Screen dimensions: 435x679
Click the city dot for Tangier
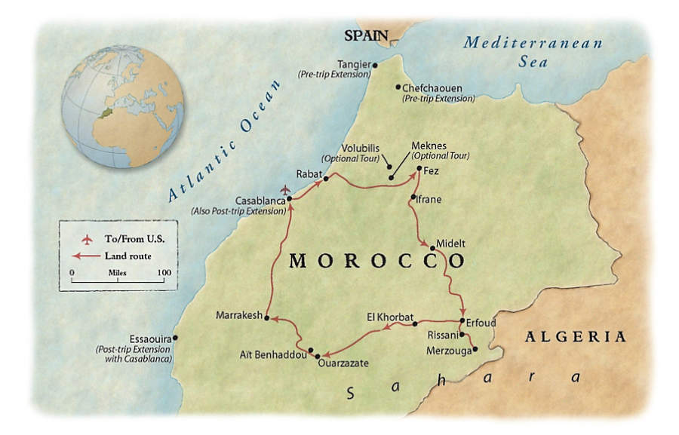click(x=375, y=66)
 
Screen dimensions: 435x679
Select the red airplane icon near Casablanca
click(x=284, y=189)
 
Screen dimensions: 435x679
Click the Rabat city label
click(x=309, y=174)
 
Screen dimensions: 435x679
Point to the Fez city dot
click(x=419, y=169)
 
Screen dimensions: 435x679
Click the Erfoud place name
click(x=481, y=323)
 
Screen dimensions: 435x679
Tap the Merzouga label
click(x=448, y=351)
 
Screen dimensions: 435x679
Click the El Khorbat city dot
click(x=415, y=323)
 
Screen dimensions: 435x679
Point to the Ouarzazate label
click(x=344, y=363)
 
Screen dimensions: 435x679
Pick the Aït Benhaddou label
click(x=273, y=354)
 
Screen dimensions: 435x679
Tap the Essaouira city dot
click(x=175, y=338)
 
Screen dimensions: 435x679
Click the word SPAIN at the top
click(x=366, y=35)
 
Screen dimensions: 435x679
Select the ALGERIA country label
click(x=576, y=336)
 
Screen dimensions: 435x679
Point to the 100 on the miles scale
click(x=164, y=272)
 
